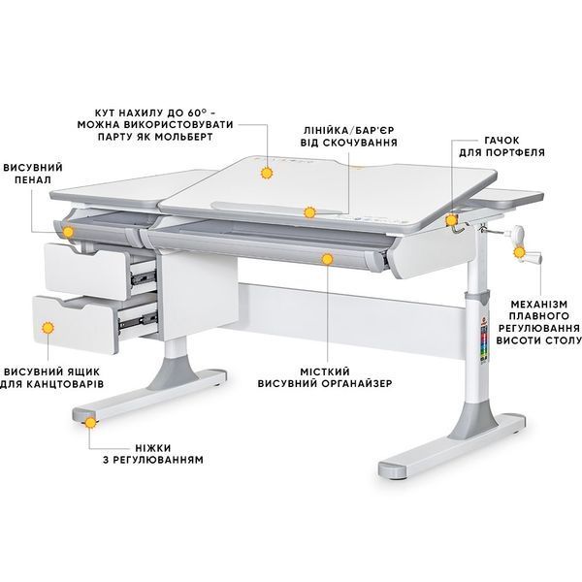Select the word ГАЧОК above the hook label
tap(501, 141)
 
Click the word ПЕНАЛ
tap(33, 180)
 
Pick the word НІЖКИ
tap(153, 447)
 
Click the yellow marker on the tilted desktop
tap(267, 173)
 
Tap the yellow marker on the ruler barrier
tap(309, 212)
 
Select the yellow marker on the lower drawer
tap(48, 328)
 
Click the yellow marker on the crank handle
tap(519, 253)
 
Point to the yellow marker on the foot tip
tap(90, 423)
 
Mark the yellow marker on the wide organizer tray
tap(327, 259)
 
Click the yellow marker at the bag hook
tap(451, 220)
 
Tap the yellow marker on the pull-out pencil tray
tap(68, 232)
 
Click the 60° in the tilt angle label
tap(197, 113)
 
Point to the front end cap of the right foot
tap(393, 469)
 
